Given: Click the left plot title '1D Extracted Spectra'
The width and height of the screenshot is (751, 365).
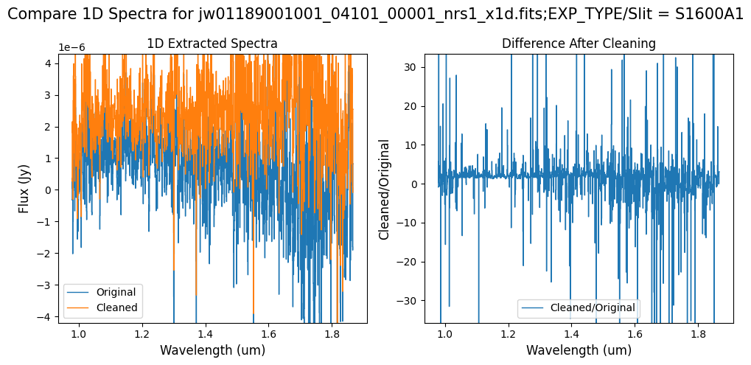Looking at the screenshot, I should [212, 44].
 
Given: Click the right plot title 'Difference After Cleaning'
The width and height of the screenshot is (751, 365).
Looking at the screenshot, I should [579, 44].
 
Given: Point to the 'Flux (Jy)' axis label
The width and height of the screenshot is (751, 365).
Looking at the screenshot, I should [24, 188].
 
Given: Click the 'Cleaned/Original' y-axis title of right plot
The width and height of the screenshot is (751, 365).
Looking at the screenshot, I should [384, 188].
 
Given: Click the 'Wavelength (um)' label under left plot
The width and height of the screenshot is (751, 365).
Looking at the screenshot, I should [212, 350].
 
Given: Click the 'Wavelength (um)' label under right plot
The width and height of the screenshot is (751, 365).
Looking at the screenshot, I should [579, 350].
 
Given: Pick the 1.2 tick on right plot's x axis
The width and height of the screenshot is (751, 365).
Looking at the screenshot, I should [508, 333].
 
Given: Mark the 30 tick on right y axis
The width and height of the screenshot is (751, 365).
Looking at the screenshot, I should [409, 67].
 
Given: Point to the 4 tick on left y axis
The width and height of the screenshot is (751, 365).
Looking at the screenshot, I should [47, 63].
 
